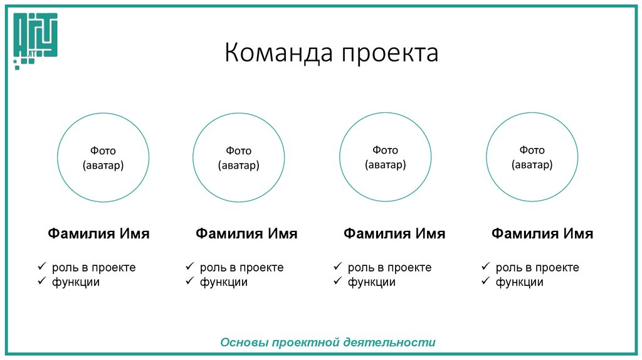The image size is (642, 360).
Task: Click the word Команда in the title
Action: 278,53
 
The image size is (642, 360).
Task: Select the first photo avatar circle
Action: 103,157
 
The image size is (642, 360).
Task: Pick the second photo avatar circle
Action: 238,157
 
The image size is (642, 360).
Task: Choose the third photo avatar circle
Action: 385,157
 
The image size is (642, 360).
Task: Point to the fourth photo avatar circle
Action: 532,157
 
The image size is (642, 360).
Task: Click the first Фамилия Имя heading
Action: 99,234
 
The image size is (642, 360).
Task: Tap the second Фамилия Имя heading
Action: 246,234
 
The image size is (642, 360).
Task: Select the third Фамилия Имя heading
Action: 394,234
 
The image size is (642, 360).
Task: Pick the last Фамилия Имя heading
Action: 542,234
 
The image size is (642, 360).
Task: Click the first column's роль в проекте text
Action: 93,268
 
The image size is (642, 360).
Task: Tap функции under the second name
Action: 224,282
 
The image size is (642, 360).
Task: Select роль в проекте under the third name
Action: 389,268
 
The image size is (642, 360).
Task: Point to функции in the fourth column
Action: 520,282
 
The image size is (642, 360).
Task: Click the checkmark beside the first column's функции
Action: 41,282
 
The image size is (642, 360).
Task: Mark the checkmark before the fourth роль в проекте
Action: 485,267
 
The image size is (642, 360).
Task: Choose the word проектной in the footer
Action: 304,342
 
